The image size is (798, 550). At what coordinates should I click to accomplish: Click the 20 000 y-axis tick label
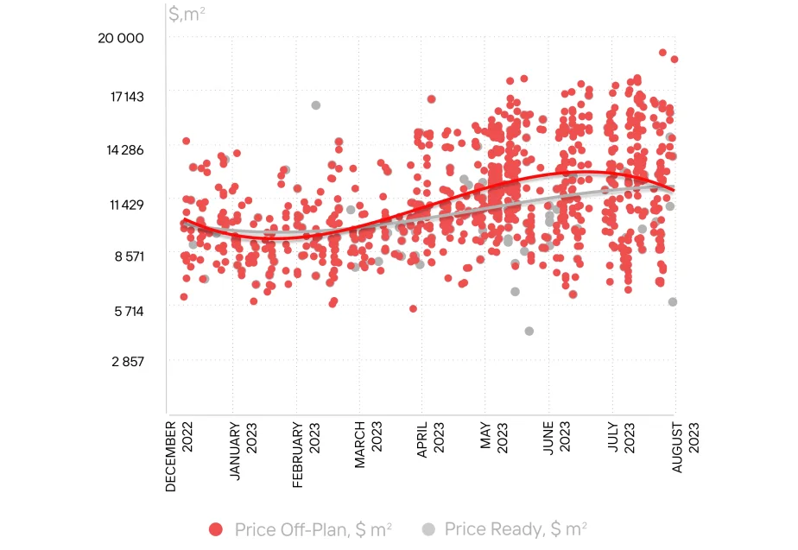click(x=121, y=38)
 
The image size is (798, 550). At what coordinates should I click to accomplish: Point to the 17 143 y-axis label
click(x=127, y=97)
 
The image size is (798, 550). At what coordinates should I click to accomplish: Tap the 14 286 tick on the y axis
click(x=125, y=150)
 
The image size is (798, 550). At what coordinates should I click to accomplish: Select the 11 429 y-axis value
click(x=127, y=205)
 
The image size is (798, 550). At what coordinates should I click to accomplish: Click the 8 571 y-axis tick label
click(x=130, y=256)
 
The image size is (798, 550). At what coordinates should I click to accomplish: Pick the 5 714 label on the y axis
click(x=129, y=312)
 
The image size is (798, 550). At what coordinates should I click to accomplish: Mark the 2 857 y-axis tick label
click(x=128, y=362)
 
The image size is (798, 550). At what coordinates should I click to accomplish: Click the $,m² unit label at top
click(x=187, y=14)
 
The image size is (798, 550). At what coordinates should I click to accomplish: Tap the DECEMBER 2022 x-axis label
click(x=179, y=457)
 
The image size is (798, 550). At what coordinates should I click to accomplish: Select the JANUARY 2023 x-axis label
click(x=242, y=451)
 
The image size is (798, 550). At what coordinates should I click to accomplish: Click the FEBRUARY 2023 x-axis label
click(x=306, y=455)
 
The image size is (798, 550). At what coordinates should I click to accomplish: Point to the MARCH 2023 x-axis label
click(x=368, y=445)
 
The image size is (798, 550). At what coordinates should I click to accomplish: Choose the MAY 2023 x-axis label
click(x=494, y=437)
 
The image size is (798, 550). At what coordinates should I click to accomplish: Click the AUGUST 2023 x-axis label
click(x=685, y=447)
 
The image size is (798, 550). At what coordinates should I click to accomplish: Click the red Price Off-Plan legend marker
click(x=216, y=529)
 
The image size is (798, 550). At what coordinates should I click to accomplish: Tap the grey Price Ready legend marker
click(x=429, y=529)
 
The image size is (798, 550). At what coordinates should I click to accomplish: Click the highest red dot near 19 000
click(x=662, y=53)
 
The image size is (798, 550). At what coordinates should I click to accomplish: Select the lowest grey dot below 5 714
click(x=529, y=332)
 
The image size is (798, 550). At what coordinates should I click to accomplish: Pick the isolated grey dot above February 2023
click(x=316, y=105)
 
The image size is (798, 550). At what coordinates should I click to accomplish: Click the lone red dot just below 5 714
click(x=413, y=309)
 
